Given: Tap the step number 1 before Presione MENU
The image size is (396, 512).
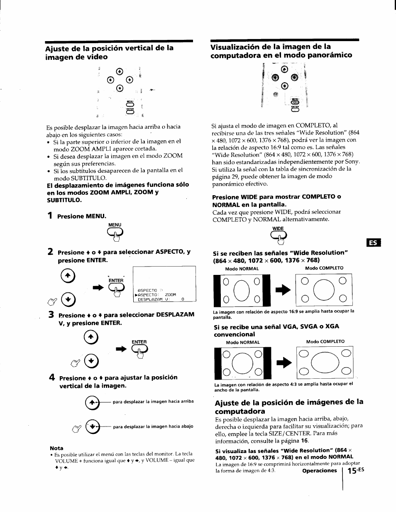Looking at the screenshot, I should click(x=50, y=215).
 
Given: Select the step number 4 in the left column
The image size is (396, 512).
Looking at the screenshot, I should click(x=51, y=377).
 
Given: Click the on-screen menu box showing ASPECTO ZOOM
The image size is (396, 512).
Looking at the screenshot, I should click(x=164, y=284).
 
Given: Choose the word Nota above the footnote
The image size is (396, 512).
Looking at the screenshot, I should click(x=56, y=448).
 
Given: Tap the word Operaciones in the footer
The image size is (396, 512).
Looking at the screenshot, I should click(x=319, y=470).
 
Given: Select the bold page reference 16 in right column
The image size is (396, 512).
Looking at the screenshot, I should click(x=305, y=441).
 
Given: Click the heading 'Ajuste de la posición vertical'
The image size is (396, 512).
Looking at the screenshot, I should click(x=110, y=52).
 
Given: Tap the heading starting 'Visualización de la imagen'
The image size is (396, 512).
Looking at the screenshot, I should click(x=281, y=51).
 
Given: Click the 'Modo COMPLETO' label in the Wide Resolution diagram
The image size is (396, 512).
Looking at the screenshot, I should click(x=324, y=268).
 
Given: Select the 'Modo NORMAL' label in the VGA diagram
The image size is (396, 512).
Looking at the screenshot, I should click(x=242, y=342).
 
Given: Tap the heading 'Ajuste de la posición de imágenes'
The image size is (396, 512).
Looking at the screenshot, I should click(x=289, y=406).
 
